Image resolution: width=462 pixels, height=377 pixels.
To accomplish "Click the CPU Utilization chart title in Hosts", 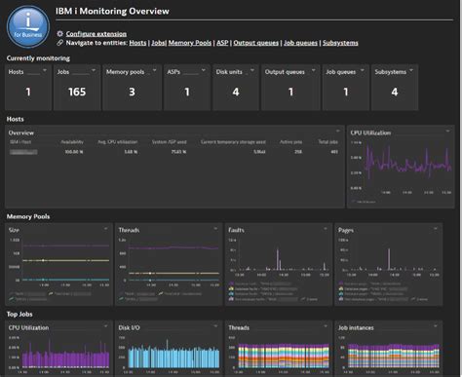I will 373,131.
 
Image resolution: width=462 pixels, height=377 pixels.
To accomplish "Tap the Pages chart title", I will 347,231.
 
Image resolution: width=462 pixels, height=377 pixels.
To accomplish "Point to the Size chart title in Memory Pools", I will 15,231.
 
